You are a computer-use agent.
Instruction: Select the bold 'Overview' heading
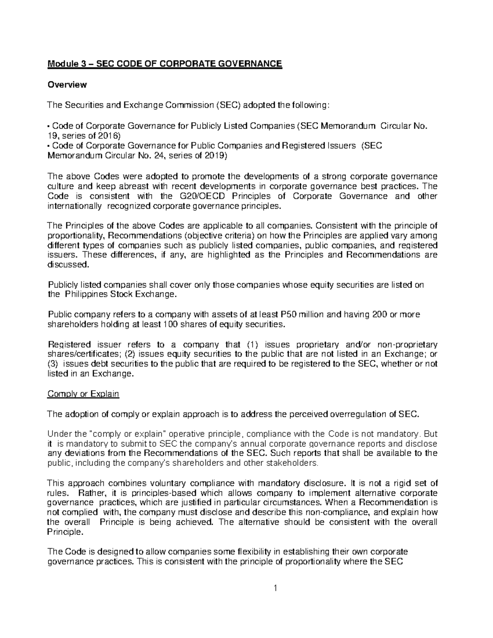pyautogui.click(x=67, y=85)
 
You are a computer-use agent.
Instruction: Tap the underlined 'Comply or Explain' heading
pyautogui.click(x=83, y=394)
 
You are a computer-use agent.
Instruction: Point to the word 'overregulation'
pyautogui.click(x=356, y=414)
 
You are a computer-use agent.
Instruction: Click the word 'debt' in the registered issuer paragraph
pyautogui.click(x=99, y=364)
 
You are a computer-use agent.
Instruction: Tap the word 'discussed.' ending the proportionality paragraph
pyautogui.click(x=68, y=265)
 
